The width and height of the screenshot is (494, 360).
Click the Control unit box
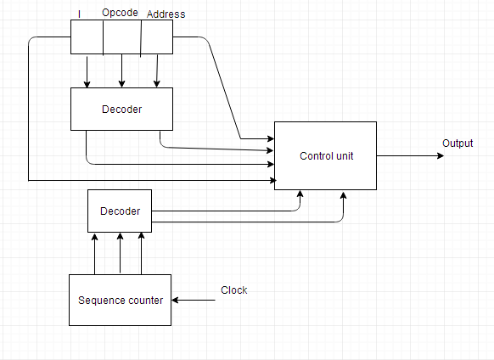325,155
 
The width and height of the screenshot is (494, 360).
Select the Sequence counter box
120,300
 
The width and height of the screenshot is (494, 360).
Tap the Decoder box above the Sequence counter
120,211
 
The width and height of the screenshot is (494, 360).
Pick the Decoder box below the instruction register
121,109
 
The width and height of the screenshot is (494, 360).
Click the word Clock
233,290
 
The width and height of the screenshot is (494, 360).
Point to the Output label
458,143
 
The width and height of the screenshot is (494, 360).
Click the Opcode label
120,13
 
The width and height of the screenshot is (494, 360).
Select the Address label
166,14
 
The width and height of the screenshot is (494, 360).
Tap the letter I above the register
80,14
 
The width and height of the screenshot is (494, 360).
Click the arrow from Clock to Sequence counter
194,300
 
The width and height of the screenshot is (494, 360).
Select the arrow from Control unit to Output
410,155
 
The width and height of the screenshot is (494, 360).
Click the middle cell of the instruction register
122,37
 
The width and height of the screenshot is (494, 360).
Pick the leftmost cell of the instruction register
87,37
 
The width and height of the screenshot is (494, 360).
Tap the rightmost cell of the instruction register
157,37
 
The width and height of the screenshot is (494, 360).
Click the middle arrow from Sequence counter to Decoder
120,253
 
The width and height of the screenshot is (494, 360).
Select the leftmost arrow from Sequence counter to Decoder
94,254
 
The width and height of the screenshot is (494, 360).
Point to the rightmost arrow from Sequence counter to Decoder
142,253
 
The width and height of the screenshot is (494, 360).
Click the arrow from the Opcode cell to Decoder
122,70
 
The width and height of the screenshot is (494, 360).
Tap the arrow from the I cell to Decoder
87,72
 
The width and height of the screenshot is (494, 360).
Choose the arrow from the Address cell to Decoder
157,70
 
